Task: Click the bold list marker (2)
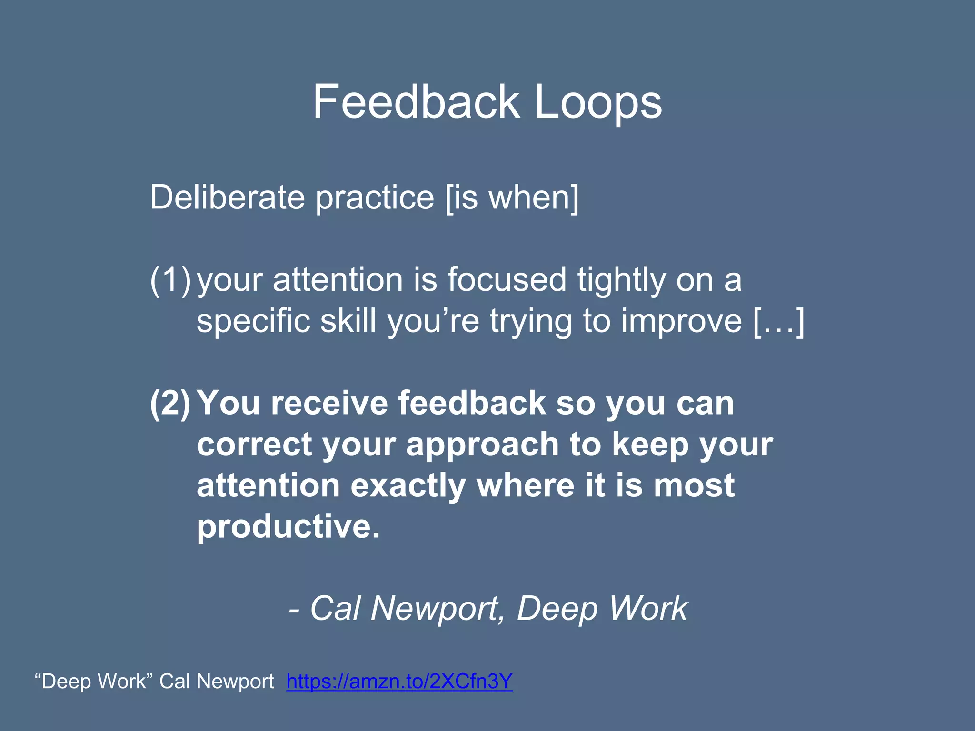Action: pyautogui.click(x=170, y=403)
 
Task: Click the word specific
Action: pyautogui.click(x=253, y=321)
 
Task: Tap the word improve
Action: pyautogui.click(x=681, y=321)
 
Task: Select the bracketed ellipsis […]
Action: pyautogui.click(x=779, y=321)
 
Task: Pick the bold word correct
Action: pyautogui.click(x=254, y=445)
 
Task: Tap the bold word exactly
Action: pyautogui.click(x=408, y=485)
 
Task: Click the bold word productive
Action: pyautogui.click(x=288, y=526)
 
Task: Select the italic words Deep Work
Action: pyautogui.click(x=602, y=609)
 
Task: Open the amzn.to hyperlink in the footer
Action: pyautogui.click(x=399, y=681)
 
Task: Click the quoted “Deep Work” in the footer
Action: pyautogui.click(x=93, y=681)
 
